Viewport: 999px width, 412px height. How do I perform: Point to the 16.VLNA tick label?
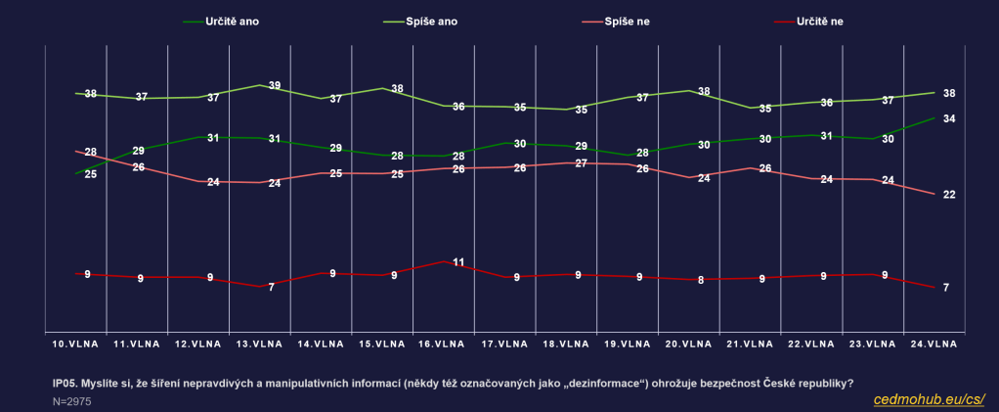(x=442, y=344)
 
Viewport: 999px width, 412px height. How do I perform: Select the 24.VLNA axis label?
(x=934, y=344)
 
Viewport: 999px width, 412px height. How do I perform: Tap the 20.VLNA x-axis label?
(x=687, y=344)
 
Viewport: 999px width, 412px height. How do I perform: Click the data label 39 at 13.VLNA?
(x=275, y=86)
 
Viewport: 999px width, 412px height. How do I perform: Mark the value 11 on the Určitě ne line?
(x=457, y=262)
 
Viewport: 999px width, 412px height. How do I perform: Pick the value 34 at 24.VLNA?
(x=948, y=119)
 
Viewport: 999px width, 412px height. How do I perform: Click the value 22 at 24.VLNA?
(x=948, y=195)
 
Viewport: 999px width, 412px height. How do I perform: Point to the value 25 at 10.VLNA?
(x=90, y=174)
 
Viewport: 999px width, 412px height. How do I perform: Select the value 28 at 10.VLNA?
(x=90, y=153)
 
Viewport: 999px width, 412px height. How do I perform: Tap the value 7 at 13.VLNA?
(x=272, y=287)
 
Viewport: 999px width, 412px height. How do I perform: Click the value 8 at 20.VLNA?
(x=702, y=280)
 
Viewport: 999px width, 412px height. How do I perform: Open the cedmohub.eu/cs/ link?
(x=928, y=399)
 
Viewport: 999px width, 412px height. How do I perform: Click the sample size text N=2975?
(x=72, y=401)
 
